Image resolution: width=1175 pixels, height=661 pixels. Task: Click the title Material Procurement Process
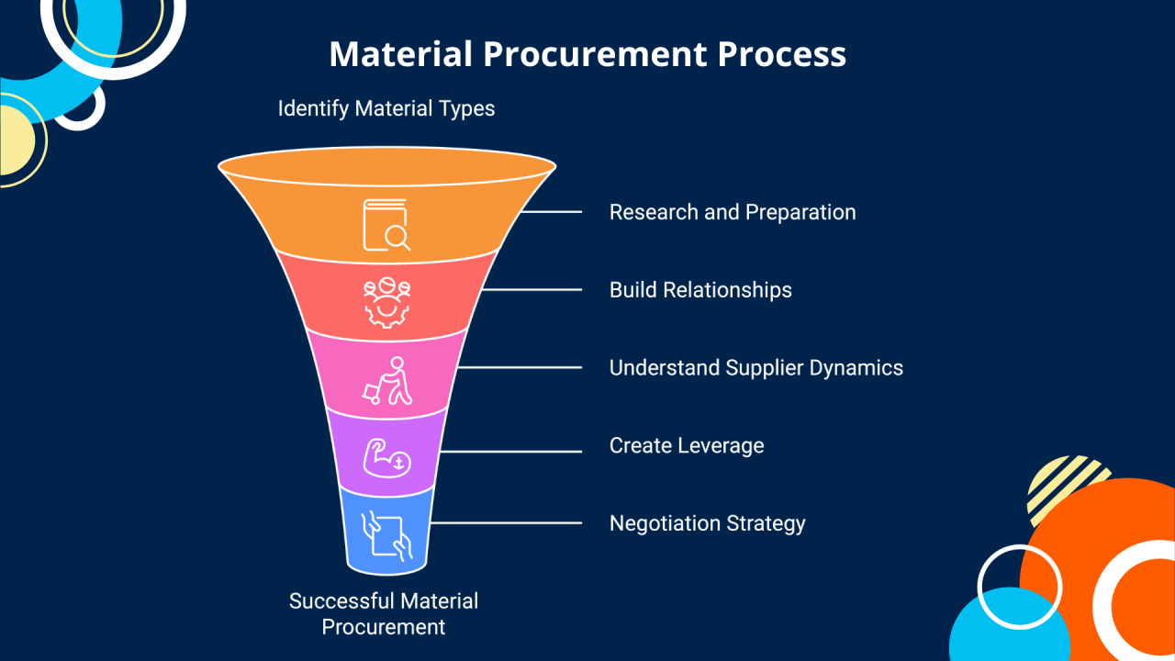(587, 54)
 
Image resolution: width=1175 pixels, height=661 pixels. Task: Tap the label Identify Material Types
(386, 108)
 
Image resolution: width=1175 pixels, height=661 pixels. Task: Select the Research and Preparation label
(733, 212)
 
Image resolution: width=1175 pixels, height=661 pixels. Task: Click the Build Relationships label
(700, 290)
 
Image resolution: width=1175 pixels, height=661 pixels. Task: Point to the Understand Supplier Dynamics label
(756, 368)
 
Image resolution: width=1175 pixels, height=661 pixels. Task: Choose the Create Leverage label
(687, 446)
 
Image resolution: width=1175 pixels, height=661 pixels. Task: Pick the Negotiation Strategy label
(707, 523)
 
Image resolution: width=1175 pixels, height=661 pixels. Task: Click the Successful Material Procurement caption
(384, 614)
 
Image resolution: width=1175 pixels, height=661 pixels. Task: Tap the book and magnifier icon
(386, 224)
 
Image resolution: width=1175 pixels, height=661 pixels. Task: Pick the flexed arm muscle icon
(386, 456)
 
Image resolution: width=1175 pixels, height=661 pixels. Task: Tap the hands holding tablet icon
(386, 534)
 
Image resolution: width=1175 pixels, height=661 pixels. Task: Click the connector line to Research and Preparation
(551, 212)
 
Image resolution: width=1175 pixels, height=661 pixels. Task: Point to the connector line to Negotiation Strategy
(506, 523)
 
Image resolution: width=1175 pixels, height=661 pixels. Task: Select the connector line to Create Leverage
(510, 452)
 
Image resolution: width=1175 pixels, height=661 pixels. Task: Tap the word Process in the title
(781, 54)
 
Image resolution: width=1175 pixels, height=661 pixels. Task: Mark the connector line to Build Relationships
(532, 290)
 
